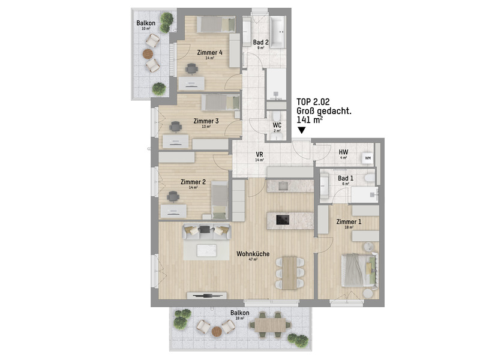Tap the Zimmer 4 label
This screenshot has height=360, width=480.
(x=213, y=53)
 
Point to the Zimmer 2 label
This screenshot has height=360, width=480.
(x=193, y=182)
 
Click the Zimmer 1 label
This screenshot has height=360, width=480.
(x=349, y=222)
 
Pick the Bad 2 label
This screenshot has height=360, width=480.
(x=260, y=43)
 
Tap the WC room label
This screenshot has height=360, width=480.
(x=277, y=125)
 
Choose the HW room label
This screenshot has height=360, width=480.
(x=344, y=152)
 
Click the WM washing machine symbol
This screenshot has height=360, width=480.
(x=367, y=158)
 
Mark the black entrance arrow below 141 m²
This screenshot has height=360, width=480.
(x=301, y=130)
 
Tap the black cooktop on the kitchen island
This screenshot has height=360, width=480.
(x=283, y=220)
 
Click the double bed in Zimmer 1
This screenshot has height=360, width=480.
(x=358, y=269)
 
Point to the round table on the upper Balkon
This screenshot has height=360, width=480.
(x=149, y=53)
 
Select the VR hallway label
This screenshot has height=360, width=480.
(x=260, y=154)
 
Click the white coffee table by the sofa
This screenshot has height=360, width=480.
(x=208, y=250)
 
